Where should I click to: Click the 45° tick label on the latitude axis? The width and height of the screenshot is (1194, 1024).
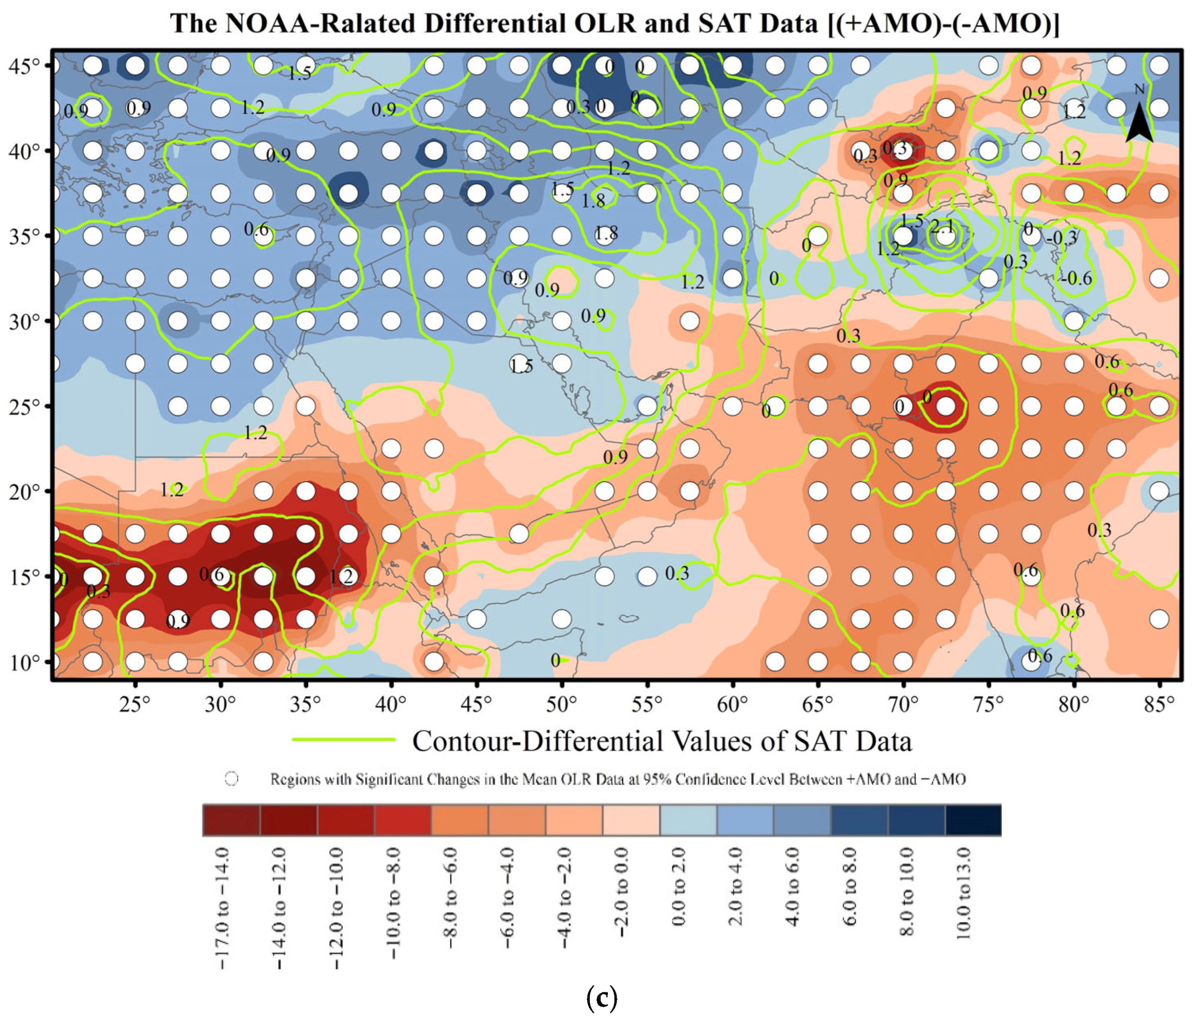pyautogui.click(x=24, y=66)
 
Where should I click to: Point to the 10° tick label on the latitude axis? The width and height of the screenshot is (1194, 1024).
pyautogui.click(x=24, y=663)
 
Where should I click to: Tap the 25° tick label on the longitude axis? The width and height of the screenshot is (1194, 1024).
pyautogui.click(x=135, y=704)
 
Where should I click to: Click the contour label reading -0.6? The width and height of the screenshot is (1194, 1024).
pyautogui.click(x=1075, y=279)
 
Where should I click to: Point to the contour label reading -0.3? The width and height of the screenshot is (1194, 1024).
pyautogui.click(x=1061, y=237)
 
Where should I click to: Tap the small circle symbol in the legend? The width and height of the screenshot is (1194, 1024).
pyautogui.click(x=231, y=779)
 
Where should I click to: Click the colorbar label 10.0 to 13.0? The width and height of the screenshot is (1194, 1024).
pyautogui.click(x=964, y=893)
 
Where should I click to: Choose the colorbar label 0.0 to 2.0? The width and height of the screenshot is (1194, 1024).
pyautogui.click(x=679, y=887)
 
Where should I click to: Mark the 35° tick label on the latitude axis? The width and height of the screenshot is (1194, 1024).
pyautogui.click(x=24, y=236)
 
